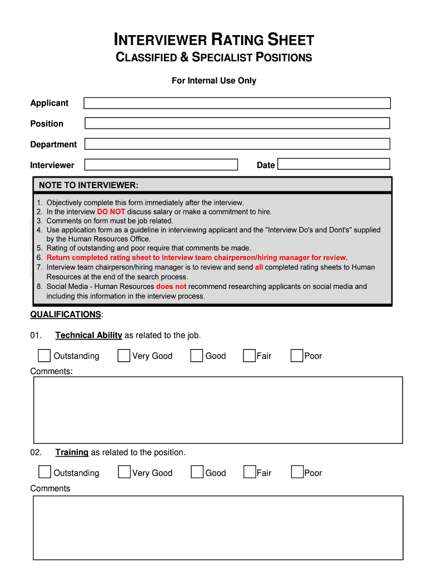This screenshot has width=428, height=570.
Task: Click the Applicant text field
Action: click(x=237, y=103)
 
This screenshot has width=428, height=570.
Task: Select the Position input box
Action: click(x=237, y=124)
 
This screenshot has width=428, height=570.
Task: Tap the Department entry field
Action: click(x=237, y=144)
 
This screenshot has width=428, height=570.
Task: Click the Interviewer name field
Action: click(x=161, y=165)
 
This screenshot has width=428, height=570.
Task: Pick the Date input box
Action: click(x=334, y=164)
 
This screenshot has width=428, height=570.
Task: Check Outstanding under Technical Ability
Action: click(x=44, y=356)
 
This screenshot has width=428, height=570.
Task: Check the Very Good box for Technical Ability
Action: click(x=124, y=356)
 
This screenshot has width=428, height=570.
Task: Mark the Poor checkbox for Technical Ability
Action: click(x=297, y=356)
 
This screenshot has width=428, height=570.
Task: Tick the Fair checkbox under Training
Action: click(x=250, y=473)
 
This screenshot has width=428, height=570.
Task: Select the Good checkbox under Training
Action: click(x=197, y=473)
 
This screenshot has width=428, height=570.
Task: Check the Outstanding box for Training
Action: click(x=44, y=473)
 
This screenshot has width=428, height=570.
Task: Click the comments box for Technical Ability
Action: click(x=218, y=410)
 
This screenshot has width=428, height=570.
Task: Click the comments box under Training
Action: click(x=218, y=527)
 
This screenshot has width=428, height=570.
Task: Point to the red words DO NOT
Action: click(x=111, y=212)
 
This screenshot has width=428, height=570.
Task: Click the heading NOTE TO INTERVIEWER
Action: click(x=88, y=185)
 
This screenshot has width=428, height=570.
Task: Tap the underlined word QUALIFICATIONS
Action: click(x=66, y=315)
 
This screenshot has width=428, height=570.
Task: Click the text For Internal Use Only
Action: click(x=214, y=81)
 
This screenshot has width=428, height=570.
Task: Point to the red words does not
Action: click(x=171, y=287)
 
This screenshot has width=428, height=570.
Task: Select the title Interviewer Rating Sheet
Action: click(x=214, y=40)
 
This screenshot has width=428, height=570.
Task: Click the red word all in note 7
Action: click(x=259, y=267)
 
